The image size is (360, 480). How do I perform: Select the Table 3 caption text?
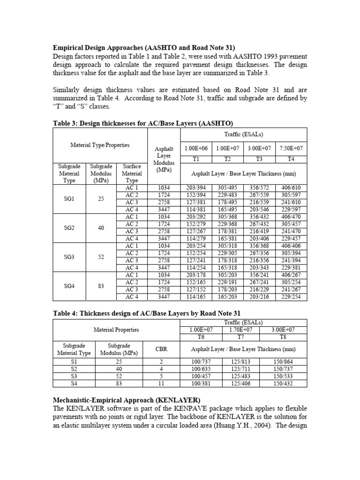click(142, 123)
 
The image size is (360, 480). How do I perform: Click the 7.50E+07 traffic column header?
click(291, 148)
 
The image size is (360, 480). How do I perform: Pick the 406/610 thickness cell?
click(291, 188)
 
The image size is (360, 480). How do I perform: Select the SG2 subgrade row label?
click(69, 228)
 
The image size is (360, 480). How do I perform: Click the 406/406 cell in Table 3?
click(291, 246)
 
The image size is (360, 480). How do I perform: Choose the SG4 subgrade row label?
click(69, 286)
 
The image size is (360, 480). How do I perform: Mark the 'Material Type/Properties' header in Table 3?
click(100, 145)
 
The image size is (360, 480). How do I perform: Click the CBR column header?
click(161, 349)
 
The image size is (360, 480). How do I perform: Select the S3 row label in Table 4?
click(74, 376)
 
